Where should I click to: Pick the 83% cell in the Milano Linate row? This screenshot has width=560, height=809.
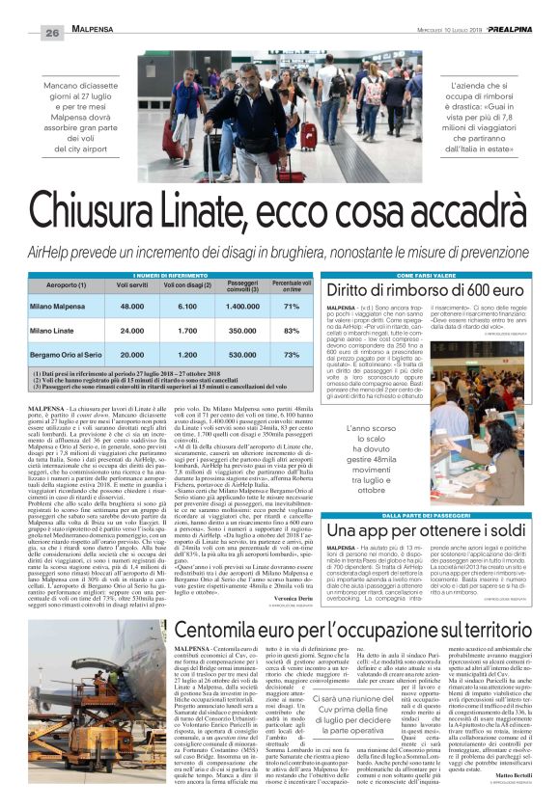tap(292, 331)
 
